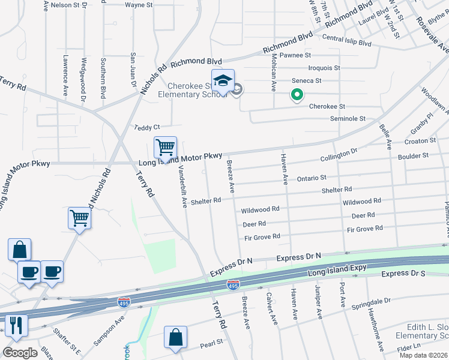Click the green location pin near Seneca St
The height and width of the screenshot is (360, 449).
296,94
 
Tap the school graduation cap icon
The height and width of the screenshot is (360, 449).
222,81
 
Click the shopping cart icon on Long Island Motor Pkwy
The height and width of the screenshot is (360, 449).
165,146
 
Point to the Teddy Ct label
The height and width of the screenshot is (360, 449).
147,127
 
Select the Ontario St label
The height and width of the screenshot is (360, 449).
311,178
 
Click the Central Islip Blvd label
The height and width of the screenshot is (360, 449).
347,44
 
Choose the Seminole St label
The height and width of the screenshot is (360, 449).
348,119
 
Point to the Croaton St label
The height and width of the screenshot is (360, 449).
420,141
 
